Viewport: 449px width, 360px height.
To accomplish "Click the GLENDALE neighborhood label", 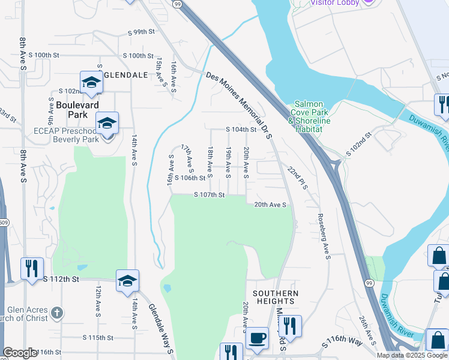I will point(126,74).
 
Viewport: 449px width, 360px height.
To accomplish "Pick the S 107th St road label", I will point(209,195).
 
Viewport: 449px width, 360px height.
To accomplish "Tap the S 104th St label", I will point(241,130).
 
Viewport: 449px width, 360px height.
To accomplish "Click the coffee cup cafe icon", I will point(258,337).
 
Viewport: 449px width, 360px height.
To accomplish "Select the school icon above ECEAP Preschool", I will point(107,124).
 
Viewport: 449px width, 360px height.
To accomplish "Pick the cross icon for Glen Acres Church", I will point(57,313).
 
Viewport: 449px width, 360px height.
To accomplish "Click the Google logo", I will point(20,353).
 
